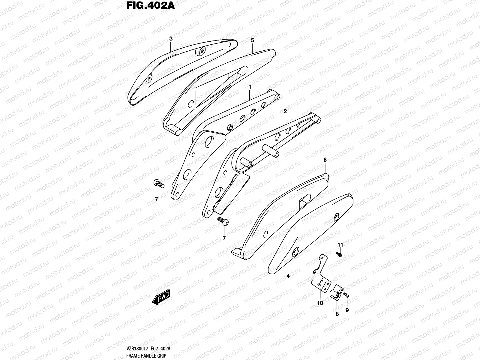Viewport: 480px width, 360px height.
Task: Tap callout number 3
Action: coord(171,39)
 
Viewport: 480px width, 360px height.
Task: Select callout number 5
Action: coord(252,40)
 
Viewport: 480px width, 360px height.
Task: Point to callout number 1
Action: coord(249,87)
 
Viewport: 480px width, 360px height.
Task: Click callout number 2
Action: coord(285,111)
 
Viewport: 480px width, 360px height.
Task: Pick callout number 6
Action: coord(325,160)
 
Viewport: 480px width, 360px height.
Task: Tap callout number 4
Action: coord(288,276)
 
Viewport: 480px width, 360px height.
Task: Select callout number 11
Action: coord(340,245)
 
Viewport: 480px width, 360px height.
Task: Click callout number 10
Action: coord(320,303)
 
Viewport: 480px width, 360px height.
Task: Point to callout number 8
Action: coord(337,314)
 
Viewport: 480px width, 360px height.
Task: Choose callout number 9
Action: coord(347,310)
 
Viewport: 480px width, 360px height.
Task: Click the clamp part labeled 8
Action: coord(336,292)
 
